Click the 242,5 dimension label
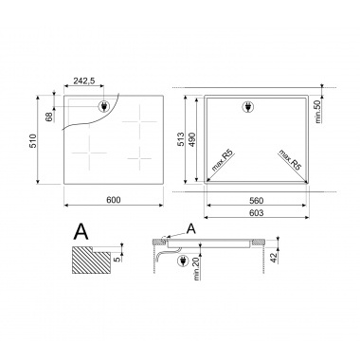click(84, 81)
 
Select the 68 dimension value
click(49, 117)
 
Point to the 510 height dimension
click(33, 141)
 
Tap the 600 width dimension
click(114, 200)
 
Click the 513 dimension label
click(181, 139)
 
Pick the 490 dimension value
click(191, 139)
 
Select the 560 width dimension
click(256, 201)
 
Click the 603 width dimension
click(256, 213)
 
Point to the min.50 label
click(318, 111)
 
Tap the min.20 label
click(197, 269)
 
